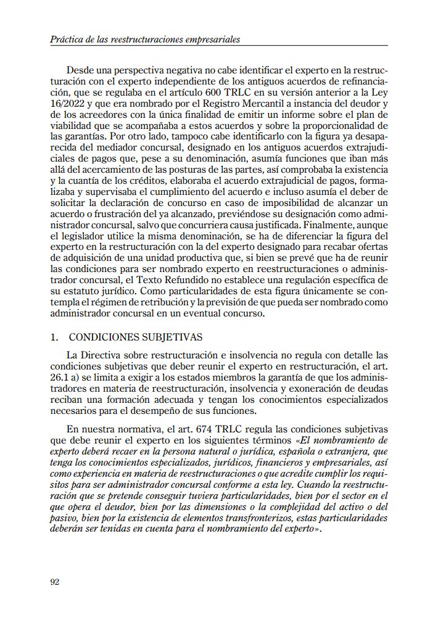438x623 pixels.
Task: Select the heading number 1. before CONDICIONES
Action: click(x=55, y=338)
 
